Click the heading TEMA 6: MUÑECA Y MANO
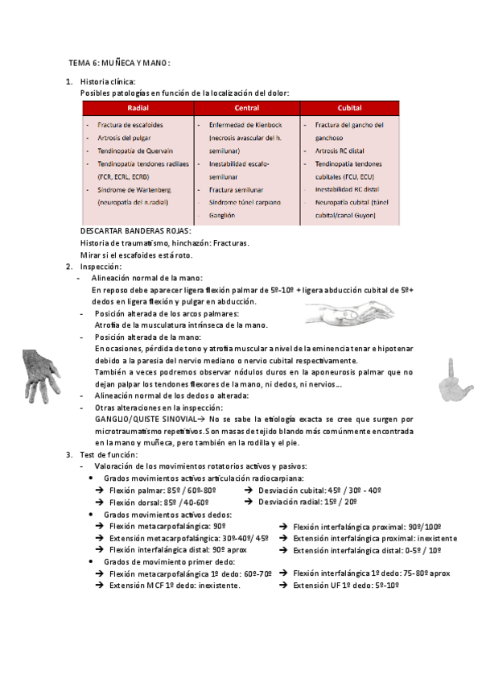click(119, 63)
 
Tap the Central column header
click(246, 108)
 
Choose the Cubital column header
click(349, 108)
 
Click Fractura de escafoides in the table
click(130, 125)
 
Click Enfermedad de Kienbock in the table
click(245, 125)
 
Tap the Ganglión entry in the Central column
click(221, 215)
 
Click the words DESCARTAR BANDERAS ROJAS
click(136, 231)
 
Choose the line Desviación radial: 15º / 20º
click(307, 502)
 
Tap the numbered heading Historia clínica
click(108, 81)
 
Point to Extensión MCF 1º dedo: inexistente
click(174, 586)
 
